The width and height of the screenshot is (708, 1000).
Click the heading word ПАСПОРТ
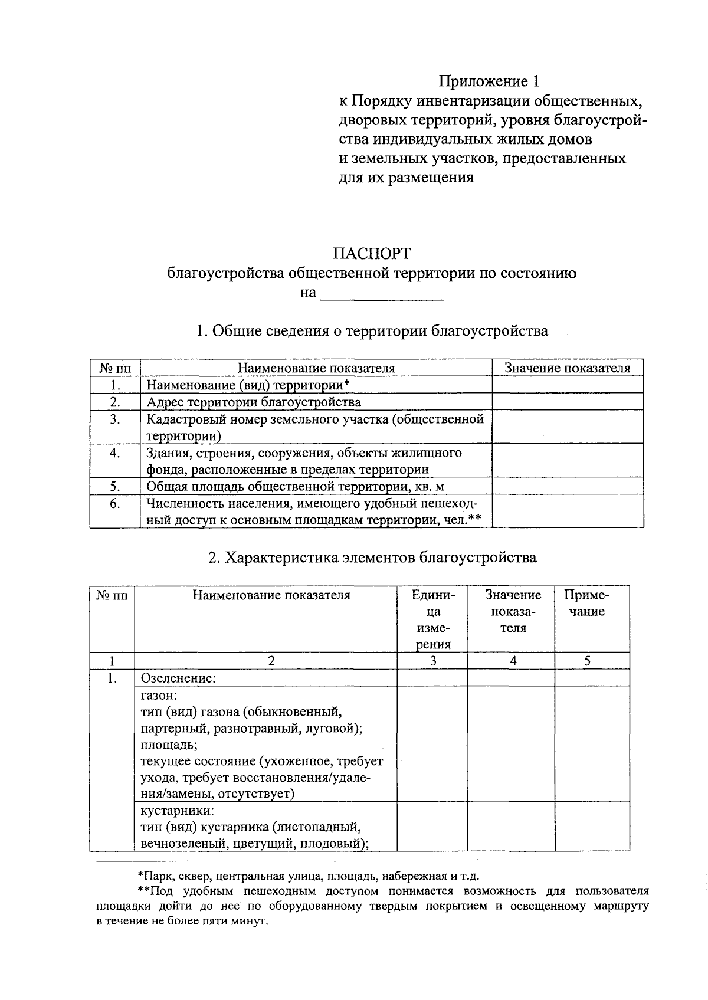[x=371, y=254]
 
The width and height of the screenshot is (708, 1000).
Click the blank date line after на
[x=382, y=294]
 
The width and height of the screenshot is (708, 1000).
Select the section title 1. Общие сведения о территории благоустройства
[x=372, y=331]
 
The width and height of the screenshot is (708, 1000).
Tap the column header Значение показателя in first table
[x=567, y=368]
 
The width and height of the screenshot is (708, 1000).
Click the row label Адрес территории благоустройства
[x=254, y=402]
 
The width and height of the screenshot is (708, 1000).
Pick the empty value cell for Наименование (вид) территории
[x=567, y=385]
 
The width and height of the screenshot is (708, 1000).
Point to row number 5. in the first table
[x=115, y=487]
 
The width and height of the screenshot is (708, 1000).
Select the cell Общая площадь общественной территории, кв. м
[x=295, y=487]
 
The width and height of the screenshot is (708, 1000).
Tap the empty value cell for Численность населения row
[x=567, y=511]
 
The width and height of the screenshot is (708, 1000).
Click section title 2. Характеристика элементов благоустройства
[x=372, y=558]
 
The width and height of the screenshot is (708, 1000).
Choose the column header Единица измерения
[x=433, y=619]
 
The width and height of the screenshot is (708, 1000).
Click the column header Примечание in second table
[x=586, y=603]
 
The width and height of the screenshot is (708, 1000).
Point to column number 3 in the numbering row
[x=433, y=661]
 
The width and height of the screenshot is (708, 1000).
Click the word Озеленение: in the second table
[x=178, y=678]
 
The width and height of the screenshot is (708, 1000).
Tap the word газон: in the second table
[x=159, y=695]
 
